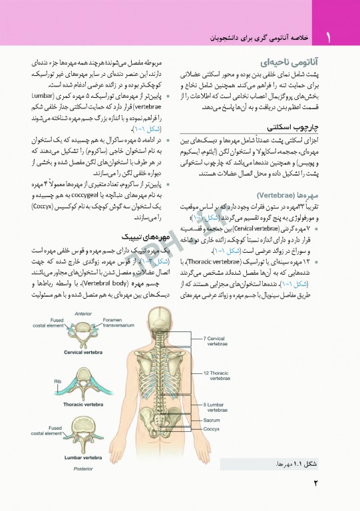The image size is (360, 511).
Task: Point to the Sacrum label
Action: tap(212, 420)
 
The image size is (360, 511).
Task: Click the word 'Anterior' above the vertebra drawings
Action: tap(83, 313)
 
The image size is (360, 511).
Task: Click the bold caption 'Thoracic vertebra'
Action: tap(83, 404)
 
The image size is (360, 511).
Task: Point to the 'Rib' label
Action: tap(58, 381)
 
